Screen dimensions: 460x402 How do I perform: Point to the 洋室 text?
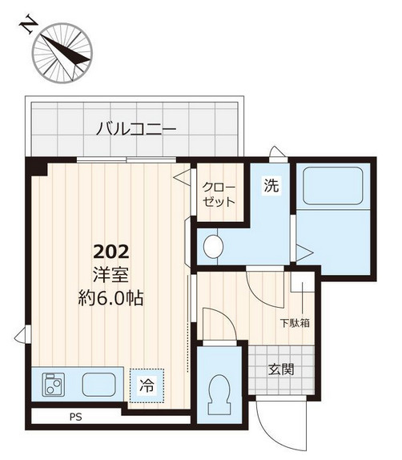[111, 274]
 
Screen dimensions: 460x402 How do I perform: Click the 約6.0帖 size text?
[111, 299]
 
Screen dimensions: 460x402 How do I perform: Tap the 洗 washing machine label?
[271, 186]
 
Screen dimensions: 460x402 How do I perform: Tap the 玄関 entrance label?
[281, 369]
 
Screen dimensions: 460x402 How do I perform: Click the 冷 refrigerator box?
[148, 384]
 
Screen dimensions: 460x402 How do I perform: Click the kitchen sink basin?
[99, 385]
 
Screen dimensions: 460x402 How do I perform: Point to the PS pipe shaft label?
[75, 416]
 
